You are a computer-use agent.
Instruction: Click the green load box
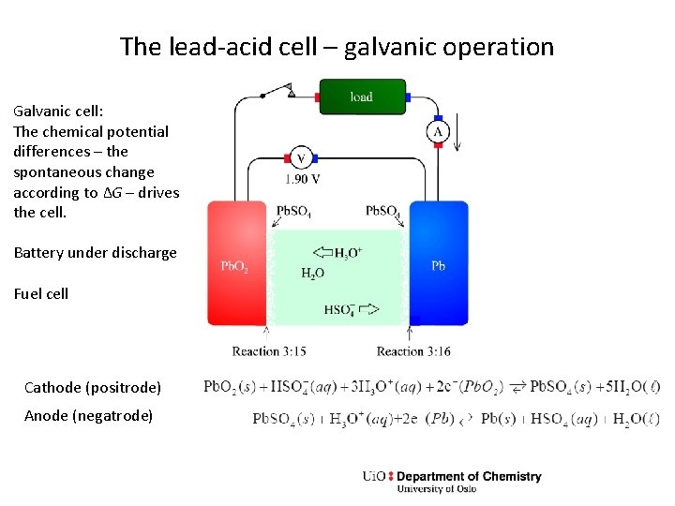pyautogui.click(x=362, y=97)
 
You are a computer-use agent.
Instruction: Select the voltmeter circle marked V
pyautogui.click(x=300, y=158)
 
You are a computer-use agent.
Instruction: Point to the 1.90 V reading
pyautogui.click(x=303, y=179)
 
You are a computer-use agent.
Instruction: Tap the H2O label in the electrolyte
pyautogui.click(x=313, y=274)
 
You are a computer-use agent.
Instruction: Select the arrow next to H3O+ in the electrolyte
pyautogui.click(x=321, y=252)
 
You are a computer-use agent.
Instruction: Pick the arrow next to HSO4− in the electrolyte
pyautogui.click(x=368, y=308)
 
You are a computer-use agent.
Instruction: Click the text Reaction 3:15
pyautogui.click(x=269, y=351)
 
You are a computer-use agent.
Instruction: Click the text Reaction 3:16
pyautogui.click(x=413, y=351)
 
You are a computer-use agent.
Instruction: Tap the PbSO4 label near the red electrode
pyautogui.click(x=294, y=211)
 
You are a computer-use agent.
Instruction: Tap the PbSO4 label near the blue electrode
pyautogui.click(x=382, y=211)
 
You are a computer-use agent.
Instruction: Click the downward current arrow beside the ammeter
pyautogui.click(x=457, y=136)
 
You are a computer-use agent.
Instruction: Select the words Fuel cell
pyautogui.click(x=41, y=293)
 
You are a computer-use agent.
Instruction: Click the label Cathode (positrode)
pyautogui.click(x=93, y=387)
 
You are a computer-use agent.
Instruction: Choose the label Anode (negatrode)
pyautogui.click(x=89, y=415)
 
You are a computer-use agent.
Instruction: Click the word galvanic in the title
pyautogui.click(x=384, y=47)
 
